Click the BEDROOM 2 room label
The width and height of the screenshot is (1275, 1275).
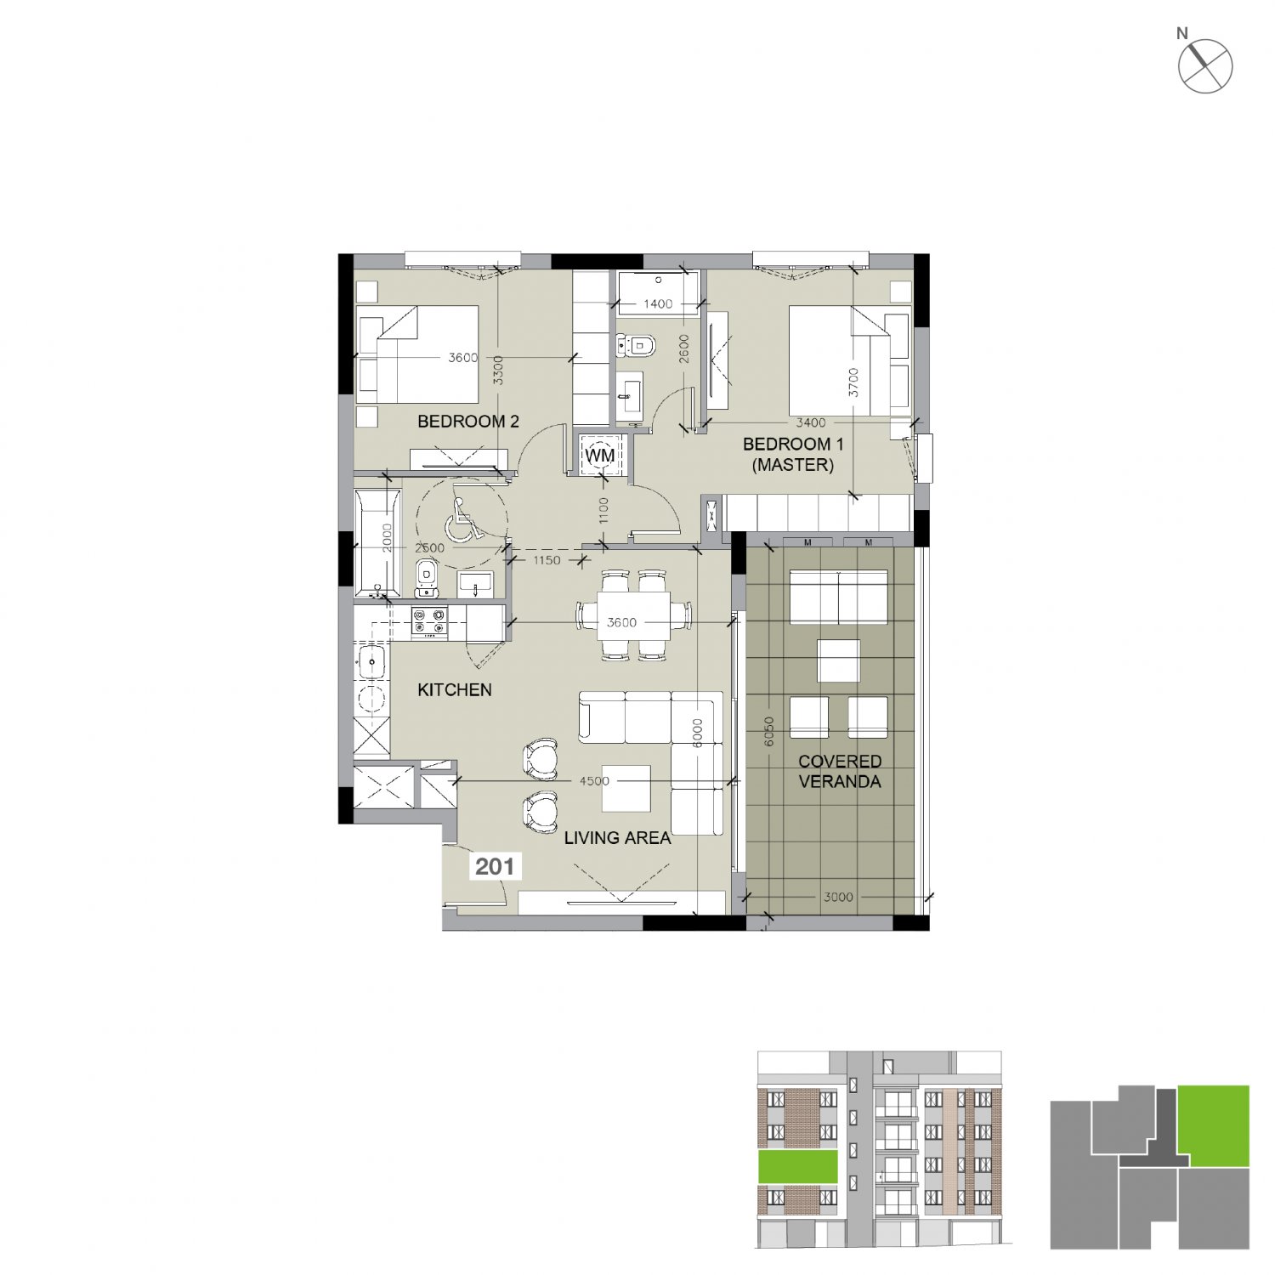pyautogui.click(x=467, y=422)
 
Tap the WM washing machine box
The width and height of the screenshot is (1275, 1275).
pyautogui.click(x=600, y=456)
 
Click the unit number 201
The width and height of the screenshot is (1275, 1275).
pyautogui.click(x=495, y=867)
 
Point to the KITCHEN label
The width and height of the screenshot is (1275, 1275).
pyautogui.click(x=455, y=690)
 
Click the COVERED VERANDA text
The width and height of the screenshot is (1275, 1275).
pyautogui.click(x=840, y=772)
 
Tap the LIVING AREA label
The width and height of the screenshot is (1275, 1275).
pyautogui.click(x=618, y=838)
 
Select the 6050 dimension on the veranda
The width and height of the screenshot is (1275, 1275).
pyautogui.click(x=769, y=732)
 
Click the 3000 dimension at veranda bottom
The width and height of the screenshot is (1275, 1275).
pyautogui.click(x=838, y=897)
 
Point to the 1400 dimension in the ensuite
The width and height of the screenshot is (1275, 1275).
pyautogui.click(x=658, y=303)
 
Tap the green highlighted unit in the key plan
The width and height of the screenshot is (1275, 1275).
pyautogui.click(x=1214, y=1125)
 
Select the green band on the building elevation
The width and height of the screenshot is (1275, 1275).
pyautogui.click(x=798, y=1166)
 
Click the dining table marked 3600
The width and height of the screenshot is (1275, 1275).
pyautogui.click(x=633, y=615)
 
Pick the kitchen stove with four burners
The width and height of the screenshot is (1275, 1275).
pyautogui.click(x=429, y=622)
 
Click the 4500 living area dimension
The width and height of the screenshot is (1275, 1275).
pyautogui.click(x=594, y=781)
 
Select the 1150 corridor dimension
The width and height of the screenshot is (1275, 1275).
pyautogui.click(x=547, y=560)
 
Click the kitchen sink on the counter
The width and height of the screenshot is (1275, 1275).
pyautogui.click(x=371, y=661)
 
